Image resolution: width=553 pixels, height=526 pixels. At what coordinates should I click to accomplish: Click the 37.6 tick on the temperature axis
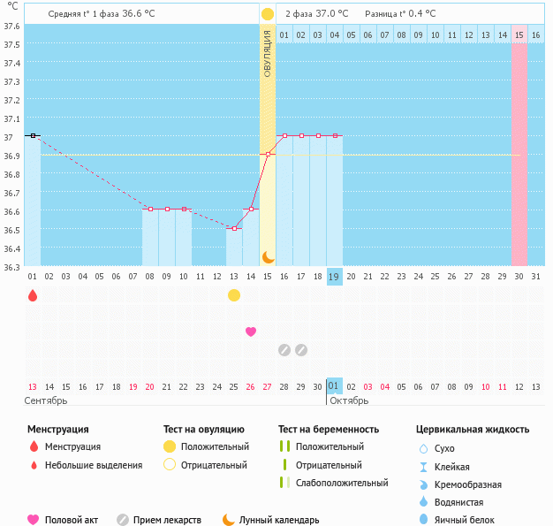pos(12,25)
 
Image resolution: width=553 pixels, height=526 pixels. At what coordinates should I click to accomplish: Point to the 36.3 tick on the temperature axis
pos(12,266)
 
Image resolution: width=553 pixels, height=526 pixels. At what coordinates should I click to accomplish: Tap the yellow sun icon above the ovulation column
pos(268,15)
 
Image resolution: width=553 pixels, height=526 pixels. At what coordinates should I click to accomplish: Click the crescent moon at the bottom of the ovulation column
pos(268,256)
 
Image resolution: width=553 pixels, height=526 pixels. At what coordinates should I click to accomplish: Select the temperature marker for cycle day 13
pos(234,228)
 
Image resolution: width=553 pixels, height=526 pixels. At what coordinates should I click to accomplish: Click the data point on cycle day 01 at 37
pos(33,135)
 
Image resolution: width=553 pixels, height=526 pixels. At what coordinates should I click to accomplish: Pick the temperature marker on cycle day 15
pos(268,155)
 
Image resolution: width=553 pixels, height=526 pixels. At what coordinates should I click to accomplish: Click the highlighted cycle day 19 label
pos(335,276)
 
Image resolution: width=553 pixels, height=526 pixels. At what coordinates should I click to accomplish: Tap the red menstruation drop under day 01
pos(33,295)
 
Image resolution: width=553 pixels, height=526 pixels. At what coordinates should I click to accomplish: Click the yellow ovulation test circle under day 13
pos(234,295)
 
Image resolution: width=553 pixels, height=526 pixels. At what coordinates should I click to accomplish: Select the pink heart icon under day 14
pos(251,332)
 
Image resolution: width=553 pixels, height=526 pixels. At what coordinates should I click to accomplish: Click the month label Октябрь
pos(348,400)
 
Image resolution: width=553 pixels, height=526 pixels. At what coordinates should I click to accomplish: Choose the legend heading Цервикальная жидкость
pos(473,430)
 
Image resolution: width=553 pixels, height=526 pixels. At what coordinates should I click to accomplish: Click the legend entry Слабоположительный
pos(342,483)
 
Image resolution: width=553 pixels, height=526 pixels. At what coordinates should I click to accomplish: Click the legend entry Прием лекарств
pos(167,521)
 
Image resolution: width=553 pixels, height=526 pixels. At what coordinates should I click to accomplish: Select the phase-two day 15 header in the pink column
pos(519,34)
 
